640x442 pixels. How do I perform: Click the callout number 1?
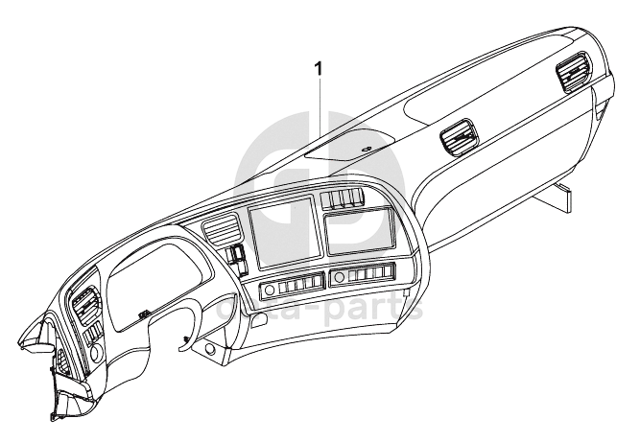click(x=320, y=69)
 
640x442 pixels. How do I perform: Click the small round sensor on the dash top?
click(x=367, y=149)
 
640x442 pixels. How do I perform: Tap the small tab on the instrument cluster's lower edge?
click(x=142, y=314)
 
